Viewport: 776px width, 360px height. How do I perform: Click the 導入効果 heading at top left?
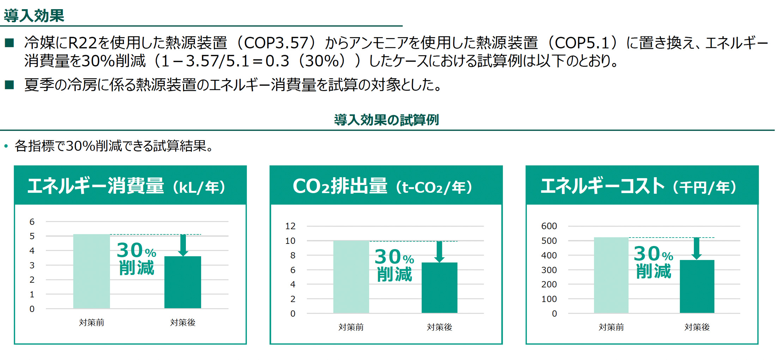(x=34, y=16)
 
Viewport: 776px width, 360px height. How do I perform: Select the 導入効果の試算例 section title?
(x=387, y=120)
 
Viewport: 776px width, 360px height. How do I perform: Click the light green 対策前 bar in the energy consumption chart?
(x=91, y=271)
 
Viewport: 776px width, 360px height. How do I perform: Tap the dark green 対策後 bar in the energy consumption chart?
(x=183, y=282)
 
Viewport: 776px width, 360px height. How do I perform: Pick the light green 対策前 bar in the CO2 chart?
(x=351, y=277)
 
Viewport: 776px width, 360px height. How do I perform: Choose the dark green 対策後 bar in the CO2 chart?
(x=439, y=288)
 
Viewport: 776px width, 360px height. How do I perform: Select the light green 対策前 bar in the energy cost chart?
(x=611, y=275)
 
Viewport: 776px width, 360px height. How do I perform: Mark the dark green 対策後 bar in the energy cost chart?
(x=697, y=287)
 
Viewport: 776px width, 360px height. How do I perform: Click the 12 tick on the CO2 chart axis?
(x=290, y=226)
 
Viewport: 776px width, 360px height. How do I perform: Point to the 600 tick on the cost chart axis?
(x=549, y=226)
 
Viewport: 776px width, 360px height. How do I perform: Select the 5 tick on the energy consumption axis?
(x=32, y=236)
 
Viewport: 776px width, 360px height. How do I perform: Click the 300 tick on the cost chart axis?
(x=549, y=270)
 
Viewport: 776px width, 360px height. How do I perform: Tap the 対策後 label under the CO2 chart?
(x=439, y=327)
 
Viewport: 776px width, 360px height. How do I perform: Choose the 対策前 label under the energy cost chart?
(x=611, y=327)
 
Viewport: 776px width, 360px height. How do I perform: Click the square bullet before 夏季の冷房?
(x=10, y=85)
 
